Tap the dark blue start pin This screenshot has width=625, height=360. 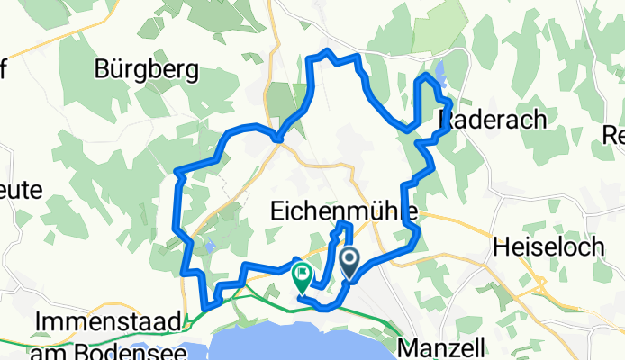349,263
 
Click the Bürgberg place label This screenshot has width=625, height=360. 145,68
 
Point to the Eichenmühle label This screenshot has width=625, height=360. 342,211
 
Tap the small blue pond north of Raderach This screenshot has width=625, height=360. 441,72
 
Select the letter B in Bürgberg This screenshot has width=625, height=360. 102,68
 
